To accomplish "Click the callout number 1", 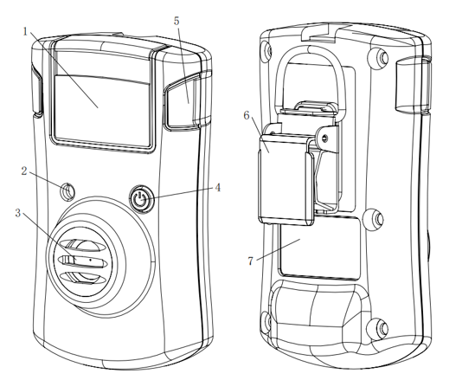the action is coord(25,31).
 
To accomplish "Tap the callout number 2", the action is coord(24,171).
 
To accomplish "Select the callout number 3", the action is coord(18,213).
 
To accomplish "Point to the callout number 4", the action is coord(217,188).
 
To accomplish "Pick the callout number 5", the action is coord(177,21).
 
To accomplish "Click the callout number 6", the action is coord(247,115).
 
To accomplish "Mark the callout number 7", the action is coord(250,261).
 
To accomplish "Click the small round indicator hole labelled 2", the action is coord(67,191).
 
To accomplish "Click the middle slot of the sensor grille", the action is coord(82,261).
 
